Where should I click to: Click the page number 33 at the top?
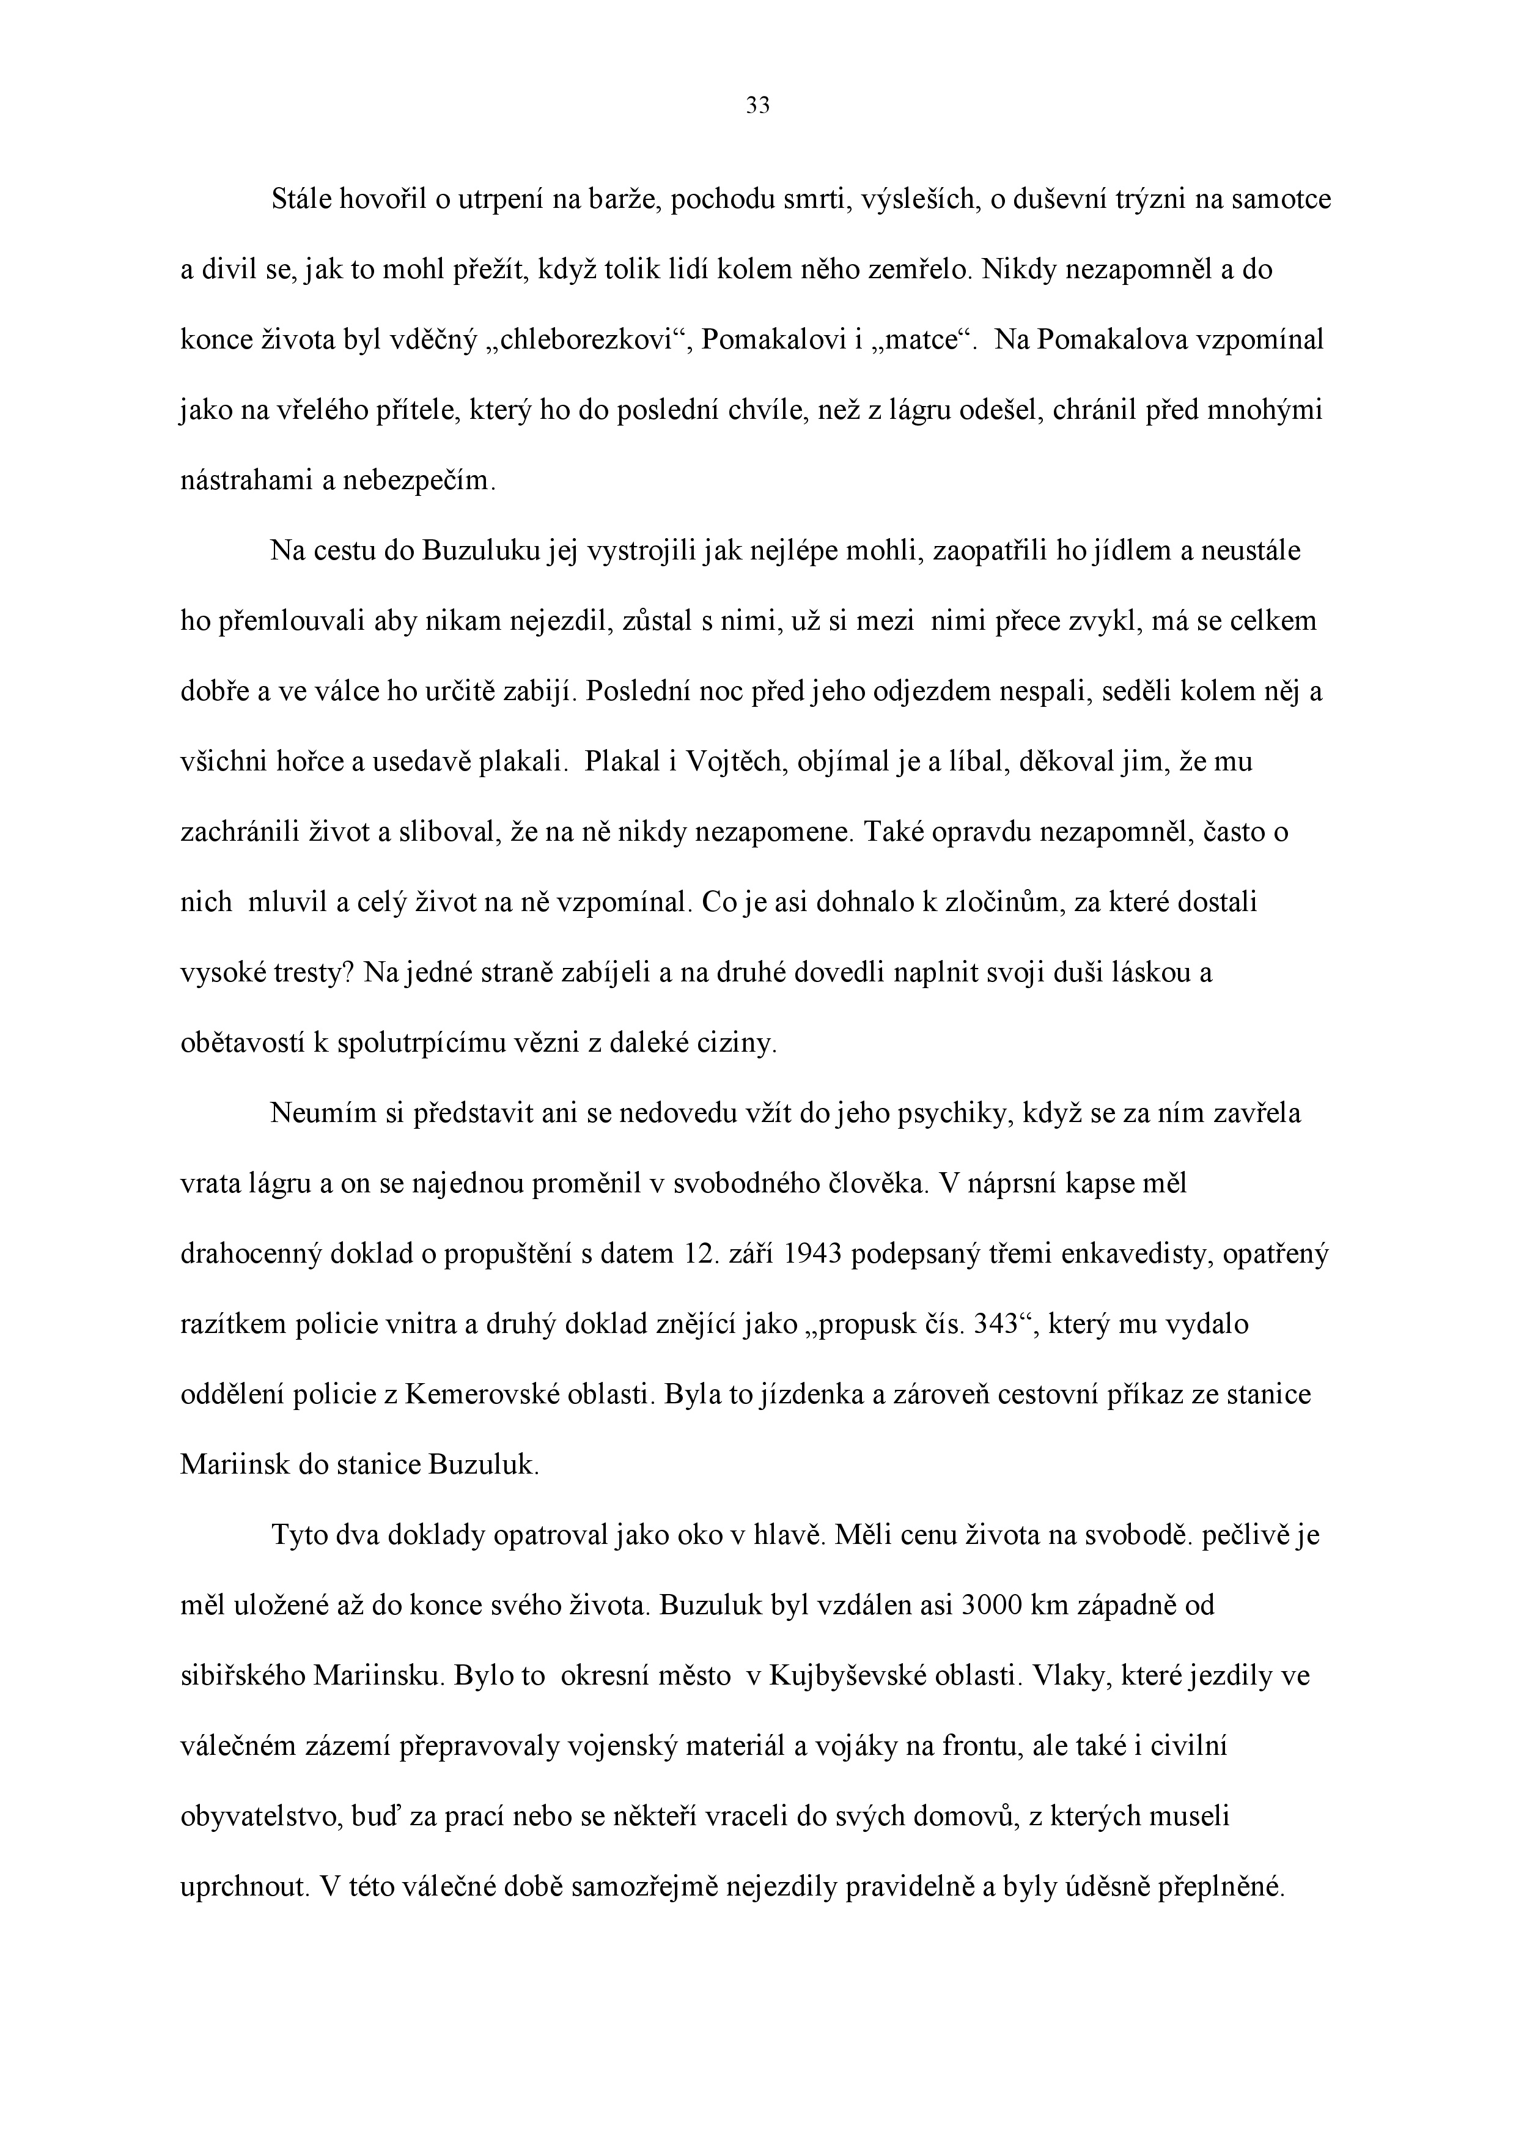point(757,106)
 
